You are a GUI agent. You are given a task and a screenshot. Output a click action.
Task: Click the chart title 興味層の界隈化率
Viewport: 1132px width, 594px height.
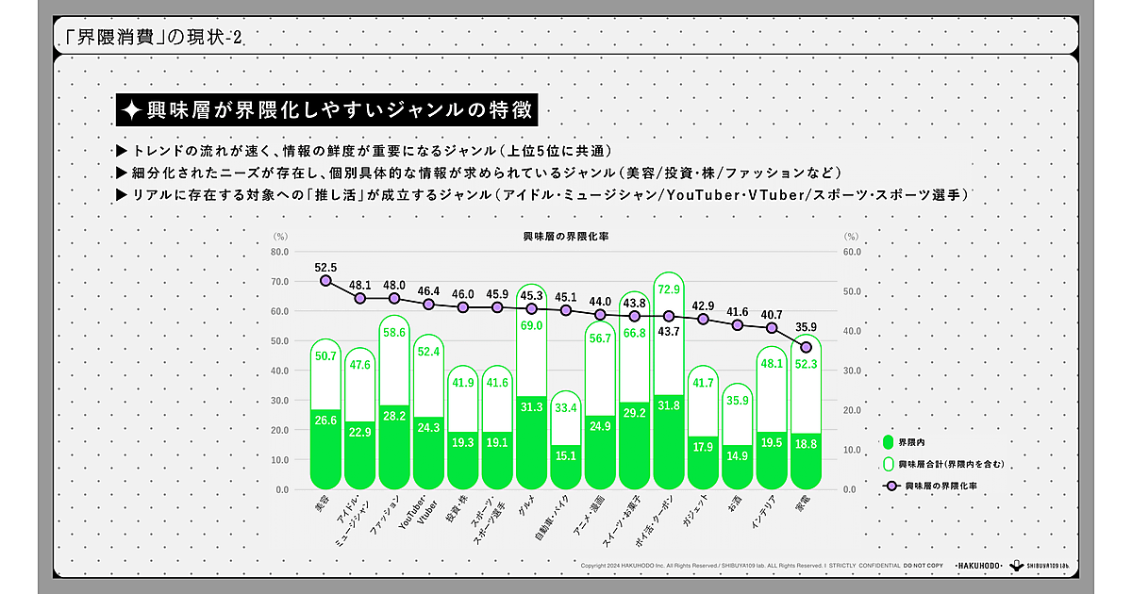tap(565, 237)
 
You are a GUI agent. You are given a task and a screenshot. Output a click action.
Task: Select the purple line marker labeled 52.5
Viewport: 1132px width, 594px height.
tap(325, 281)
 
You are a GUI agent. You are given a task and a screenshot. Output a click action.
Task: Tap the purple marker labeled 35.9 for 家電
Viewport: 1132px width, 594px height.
tap(807, 348)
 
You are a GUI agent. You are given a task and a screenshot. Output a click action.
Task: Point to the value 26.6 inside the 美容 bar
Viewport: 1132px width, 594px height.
tap(325, 421)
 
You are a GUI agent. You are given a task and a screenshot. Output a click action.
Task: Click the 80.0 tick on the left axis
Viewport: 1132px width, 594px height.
tap(280, 252)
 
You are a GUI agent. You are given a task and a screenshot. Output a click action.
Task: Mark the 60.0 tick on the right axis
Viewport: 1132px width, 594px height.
tap(851, 252)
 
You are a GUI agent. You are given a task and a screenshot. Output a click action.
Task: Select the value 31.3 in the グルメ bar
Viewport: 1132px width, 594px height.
tap(531, 406)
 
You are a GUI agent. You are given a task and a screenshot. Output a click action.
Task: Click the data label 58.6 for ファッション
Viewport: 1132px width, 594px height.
tap(394, 332)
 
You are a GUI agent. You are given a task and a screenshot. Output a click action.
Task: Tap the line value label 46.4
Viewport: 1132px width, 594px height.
tap(428, 291)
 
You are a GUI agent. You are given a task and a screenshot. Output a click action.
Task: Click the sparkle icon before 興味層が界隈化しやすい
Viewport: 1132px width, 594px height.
tap(132, 110)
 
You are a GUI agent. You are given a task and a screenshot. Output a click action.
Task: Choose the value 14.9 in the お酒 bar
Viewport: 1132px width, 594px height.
tap(737, 455)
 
